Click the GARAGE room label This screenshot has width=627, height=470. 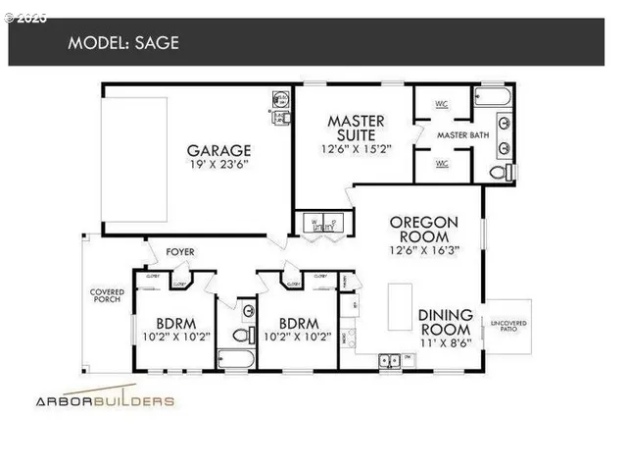[219, 150]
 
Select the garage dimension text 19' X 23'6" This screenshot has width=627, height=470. [219, 166]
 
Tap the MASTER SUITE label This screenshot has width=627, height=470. [355, 129]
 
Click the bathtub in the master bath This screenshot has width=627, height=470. [494, 97]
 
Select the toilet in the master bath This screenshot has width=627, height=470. [501, 173]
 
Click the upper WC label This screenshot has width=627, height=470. [441, 102]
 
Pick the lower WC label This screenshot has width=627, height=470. [441, 163]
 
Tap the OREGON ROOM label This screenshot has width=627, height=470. [419, 230]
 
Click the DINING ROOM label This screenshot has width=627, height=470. [446, 321]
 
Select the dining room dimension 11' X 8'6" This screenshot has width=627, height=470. [446, 343]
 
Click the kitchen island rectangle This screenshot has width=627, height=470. [401, 308]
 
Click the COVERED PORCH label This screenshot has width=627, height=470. [107, 296]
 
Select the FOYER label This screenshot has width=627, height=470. [180, 252]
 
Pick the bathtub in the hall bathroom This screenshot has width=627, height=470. [236, 359]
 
